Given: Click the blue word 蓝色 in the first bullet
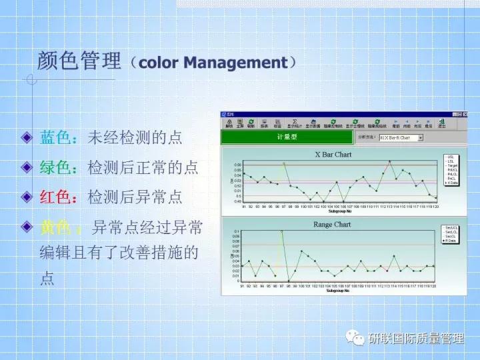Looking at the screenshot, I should coord(55,137).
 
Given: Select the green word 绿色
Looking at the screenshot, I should coord(55,167).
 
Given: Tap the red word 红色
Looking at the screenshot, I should coord(55,197).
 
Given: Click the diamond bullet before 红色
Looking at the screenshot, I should coord(27,197).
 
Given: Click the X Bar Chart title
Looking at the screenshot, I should coord(333,155).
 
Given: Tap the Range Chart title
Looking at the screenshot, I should coord(332,225).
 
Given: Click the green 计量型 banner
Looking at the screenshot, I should coord(287,137).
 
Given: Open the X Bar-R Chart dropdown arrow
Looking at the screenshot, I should coord(420,138).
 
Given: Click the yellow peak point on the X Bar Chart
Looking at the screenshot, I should coord(283,163).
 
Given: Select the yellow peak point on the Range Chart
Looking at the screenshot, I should coord(281,231).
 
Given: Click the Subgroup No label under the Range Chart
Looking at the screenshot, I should coord(339,291).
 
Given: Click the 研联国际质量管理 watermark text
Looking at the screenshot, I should coord(416,338).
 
